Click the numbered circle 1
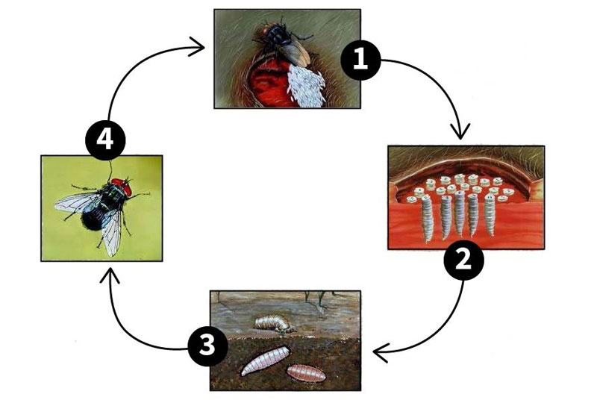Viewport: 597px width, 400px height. (x=361, y=59)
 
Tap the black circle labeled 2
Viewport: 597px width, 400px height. (x=463, y=260)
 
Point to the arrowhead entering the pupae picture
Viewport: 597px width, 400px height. (x=380, y=351)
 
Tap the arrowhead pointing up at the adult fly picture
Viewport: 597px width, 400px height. (x=110, y=276)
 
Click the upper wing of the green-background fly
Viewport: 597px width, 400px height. (x=78, y=201)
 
